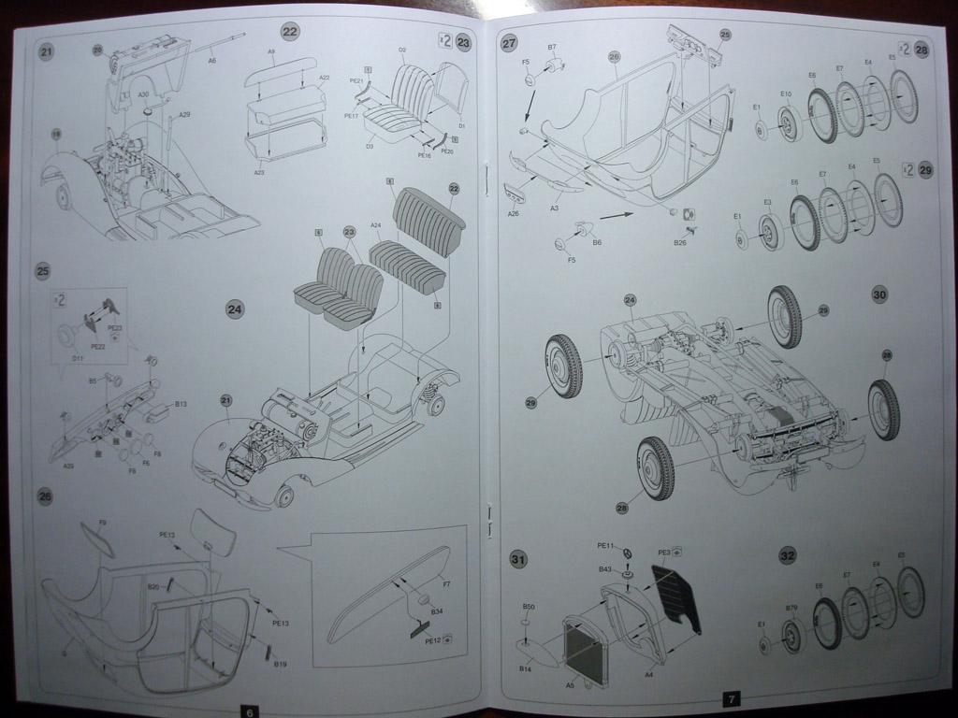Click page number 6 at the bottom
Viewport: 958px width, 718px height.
click(x=248, y=711)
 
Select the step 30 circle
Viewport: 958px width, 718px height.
click(x=879, y=294)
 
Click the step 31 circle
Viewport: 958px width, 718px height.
click(x=517, y=559)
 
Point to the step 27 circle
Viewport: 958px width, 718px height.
click(x=509, y=44)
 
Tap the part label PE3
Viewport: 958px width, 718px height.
click(x=663, y=552)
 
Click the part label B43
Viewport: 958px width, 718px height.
click(x=605, y=569)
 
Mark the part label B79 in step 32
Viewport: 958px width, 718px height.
click(x=791, y=610)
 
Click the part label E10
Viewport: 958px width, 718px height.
click(x=786, y=93)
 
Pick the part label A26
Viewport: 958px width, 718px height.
click(x=514, y=213)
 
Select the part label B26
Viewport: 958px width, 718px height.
click(x=680, y=243)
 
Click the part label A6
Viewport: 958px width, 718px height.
click(x=211, y=60)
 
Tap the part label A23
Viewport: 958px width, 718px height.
click(x=258, y=172)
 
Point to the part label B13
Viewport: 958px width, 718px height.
click(x=181, y=404)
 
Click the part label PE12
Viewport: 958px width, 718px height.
click(x=432, y=640)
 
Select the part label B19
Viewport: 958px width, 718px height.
click(x=280, y=664)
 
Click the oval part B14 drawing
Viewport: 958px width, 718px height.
click(x=536, y=652)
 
